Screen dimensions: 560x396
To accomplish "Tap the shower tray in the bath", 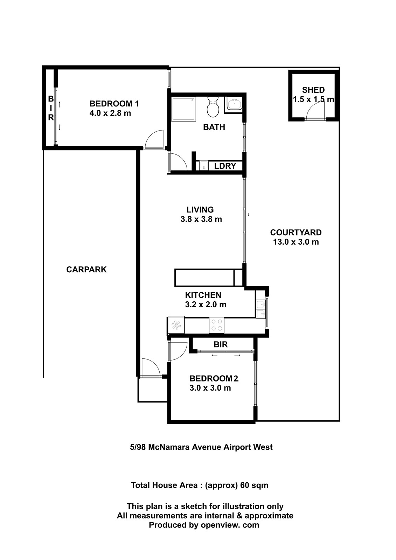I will pos(183,109).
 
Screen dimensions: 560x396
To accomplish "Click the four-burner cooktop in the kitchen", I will pos(216,325).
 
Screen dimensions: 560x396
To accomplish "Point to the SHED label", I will pos(313,90).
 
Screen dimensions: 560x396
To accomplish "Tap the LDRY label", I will pos(225,166).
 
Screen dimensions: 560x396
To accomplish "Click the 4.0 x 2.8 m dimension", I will pos(110,113).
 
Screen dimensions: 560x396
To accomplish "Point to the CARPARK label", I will pos(86,269).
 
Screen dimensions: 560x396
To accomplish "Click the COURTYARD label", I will pos(296,232).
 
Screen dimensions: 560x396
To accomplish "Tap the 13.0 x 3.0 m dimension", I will pos(296,242).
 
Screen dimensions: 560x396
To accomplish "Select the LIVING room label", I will pos(200,210).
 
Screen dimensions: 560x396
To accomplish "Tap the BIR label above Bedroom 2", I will pos(221,344).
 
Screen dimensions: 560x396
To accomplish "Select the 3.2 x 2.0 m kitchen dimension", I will pos(206,304).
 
